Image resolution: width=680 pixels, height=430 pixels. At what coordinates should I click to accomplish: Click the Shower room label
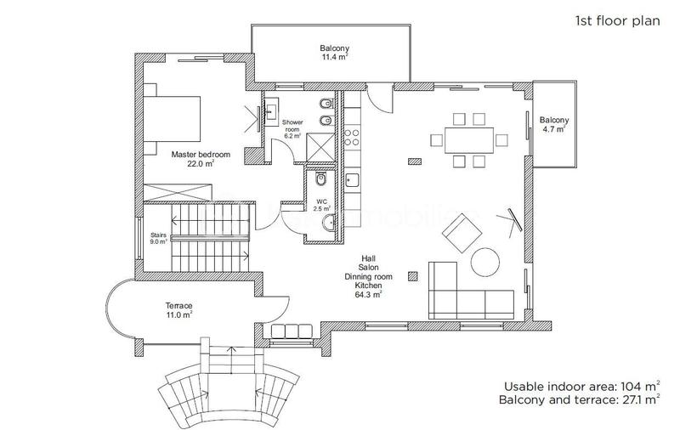pos(293,128)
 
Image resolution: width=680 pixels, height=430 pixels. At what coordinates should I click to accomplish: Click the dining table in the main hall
pos(463,138)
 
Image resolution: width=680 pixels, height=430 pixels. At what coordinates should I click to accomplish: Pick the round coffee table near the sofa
pos(487,263)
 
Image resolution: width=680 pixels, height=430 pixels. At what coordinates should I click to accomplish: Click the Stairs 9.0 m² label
pos(158,238)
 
